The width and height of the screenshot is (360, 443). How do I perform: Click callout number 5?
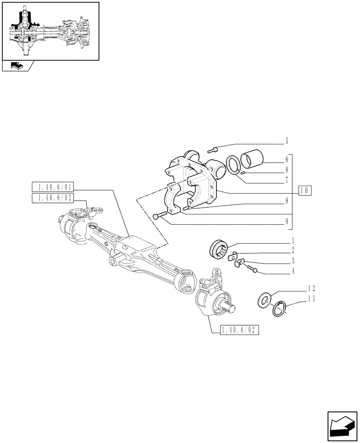pos(286,142)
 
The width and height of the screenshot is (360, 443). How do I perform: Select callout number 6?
pos(286,160)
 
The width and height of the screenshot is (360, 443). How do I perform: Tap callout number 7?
pos(286,180)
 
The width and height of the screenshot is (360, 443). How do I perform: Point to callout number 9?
pos(286,221)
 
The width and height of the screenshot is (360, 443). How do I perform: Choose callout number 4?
pos(293,269)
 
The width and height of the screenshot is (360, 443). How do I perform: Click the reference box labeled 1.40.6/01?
pos(50,187)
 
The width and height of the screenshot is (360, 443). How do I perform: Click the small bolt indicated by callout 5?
pos(216,149)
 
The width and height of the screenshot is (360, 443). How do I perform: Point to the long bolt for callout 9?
pos(159,216)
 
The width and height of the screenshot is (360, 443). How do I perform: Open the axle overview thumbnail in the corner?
pos(50,31)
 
